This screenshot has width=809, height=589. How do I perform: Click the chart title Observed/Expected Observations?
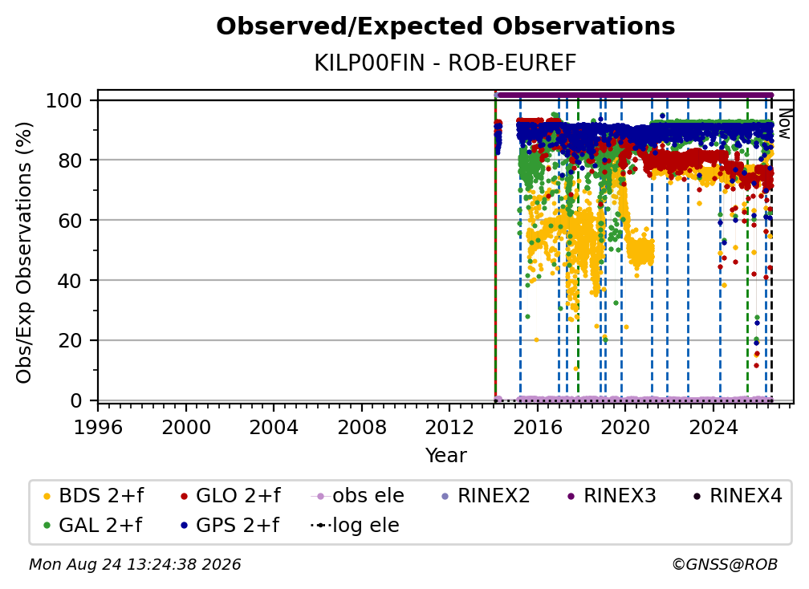tap(445, 26)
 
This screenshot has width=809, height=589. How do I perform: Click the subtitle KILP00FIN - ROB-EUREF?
tap(445, 63)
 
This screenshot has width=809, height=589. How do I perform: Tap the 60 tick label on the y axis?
tap(70, 221)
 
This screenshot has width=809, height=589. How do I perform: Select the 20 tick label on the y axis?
tap(70, 341)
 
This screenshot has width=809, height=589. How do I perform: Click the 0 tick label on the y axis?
tap(76, 400)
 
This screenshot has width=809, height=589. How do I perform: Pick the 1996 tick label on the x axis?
tap(98, 428)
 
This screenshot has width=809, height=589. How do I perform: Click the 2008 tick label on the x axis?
tap(362, 428)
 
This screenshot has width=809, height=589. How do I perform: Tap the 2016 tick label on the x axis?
tap(537, 428)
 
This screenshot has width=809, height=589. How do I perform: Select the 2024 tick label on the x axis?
tap(713, 428)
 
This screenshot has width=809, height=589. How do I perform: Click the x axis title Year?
tap(445, 456)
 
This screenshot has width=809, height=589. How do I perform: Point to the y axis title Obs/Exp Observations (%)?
tap(24, 252)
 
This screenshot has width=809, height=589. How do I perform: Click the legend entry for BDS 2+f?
tap(93, 496)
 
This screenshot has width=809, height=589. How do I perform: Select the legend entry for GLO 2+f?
tap(230, 496)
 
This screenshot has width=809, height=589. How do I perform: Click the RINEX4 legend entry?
tap(738, 496)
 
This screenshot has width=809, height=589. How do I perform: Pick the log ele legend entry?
tap(355, 525)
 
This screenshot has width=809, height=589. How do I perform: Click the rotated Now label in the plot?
tap(784, 124)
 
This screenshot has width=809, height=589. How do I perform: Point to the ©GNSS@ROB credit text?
tap(725, 564)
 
